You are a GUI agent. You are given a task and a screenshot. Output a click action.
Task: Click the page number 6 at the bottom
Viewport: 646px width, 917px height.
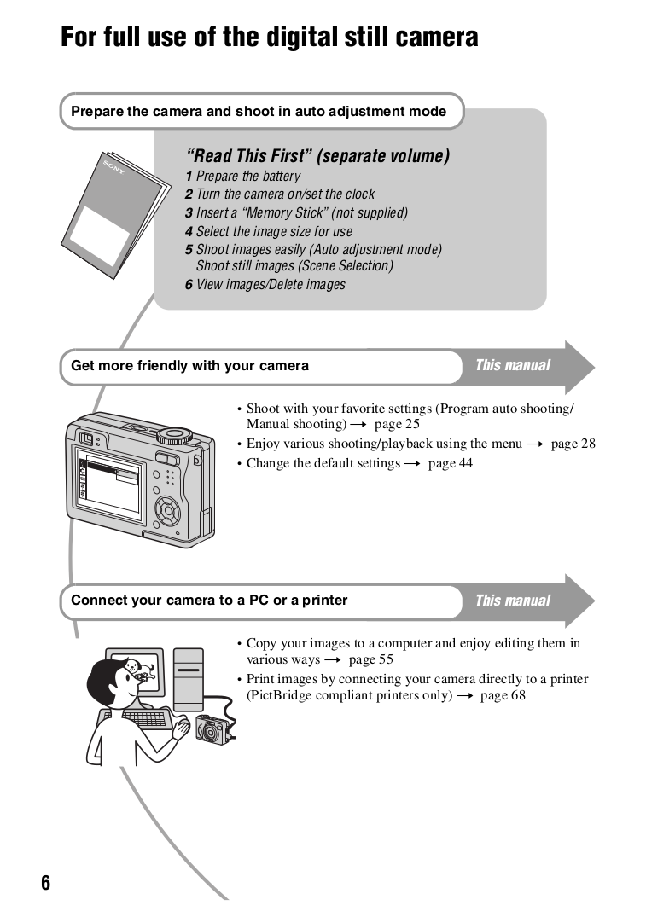tap(45, 882)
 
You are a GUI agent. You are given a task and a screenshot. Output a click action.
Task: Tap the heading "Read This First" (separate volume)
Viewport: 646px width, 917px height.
tap(317, 156)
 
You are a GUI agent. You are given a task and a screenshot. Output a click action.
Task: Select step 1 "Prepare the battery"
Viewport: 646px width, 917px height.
tap(243, 177)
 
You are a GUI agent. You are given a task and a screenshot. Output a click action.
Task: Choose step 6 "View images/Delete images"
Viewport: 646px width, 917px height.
tap(265, 285)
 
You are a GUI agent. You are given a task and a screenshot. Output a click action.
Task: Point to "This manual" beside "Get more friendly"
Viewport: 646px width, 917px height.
tap(512, 365)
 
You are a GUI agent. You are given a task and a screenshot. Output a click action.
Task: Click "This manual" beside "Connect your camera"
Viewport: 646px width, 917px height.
tap(512, 601)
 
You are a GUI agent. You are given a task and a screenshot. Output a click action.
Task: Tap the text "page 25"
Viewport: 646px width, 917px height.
tap(397, 424)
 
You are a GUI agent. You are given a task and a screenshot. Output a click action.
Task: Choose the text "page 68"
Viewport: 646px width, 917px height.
tap(503, 695)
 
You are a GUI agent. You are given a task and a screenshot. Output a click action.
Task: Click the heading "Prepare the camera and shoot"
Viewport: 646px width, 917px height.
tap(259, 111)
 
